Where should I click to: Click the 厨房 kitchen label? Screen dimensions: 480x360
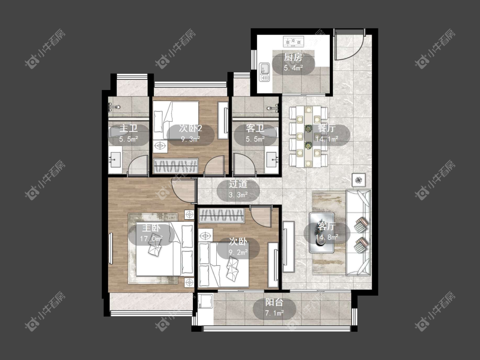pyautogui.click(x=293, y=57)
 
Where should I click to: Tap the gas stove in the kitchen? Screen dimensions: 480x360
pyautogui.click(x=293, y=41)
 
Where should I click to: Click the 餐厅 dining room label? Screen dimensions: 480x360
pyautogui.click(x=327, y=128)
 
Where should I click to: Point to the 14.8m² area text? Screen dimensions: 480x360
pyautogui.click(x=327, y=237)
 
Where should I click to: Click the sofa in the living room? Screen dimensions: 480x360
pyautogui.click(x=358, y=232)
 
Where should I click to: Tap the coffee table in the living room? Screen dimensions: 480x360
pyautogui.click(x=321, y=232)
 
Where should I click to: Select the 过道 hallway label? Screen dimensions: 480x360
pyautogui.click(x=238, y=184)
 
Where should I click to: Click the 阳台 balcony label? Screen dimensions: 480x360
pyautogui.click(x=274, y=302)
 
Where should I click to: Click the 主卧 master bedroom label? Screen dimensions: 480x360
pyautogui.click(x=151, y=228)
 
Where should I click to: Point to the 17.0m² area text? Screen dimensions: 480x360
pyautogui.click(x=151, y=238)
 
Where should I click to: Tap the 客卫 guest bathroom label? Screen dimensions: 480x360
pyautogui.click(x=255, y=128)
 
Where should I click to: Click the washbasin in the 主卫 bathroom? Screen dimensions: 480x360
pyautogui.click(x=115, y=159)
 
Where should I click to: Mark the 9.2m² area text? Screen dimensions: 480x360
pyautogui.click(x=238, y=253)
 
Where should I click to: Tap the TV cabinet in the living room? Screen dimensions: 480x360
pyautogui.click(x=288, y=247)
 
